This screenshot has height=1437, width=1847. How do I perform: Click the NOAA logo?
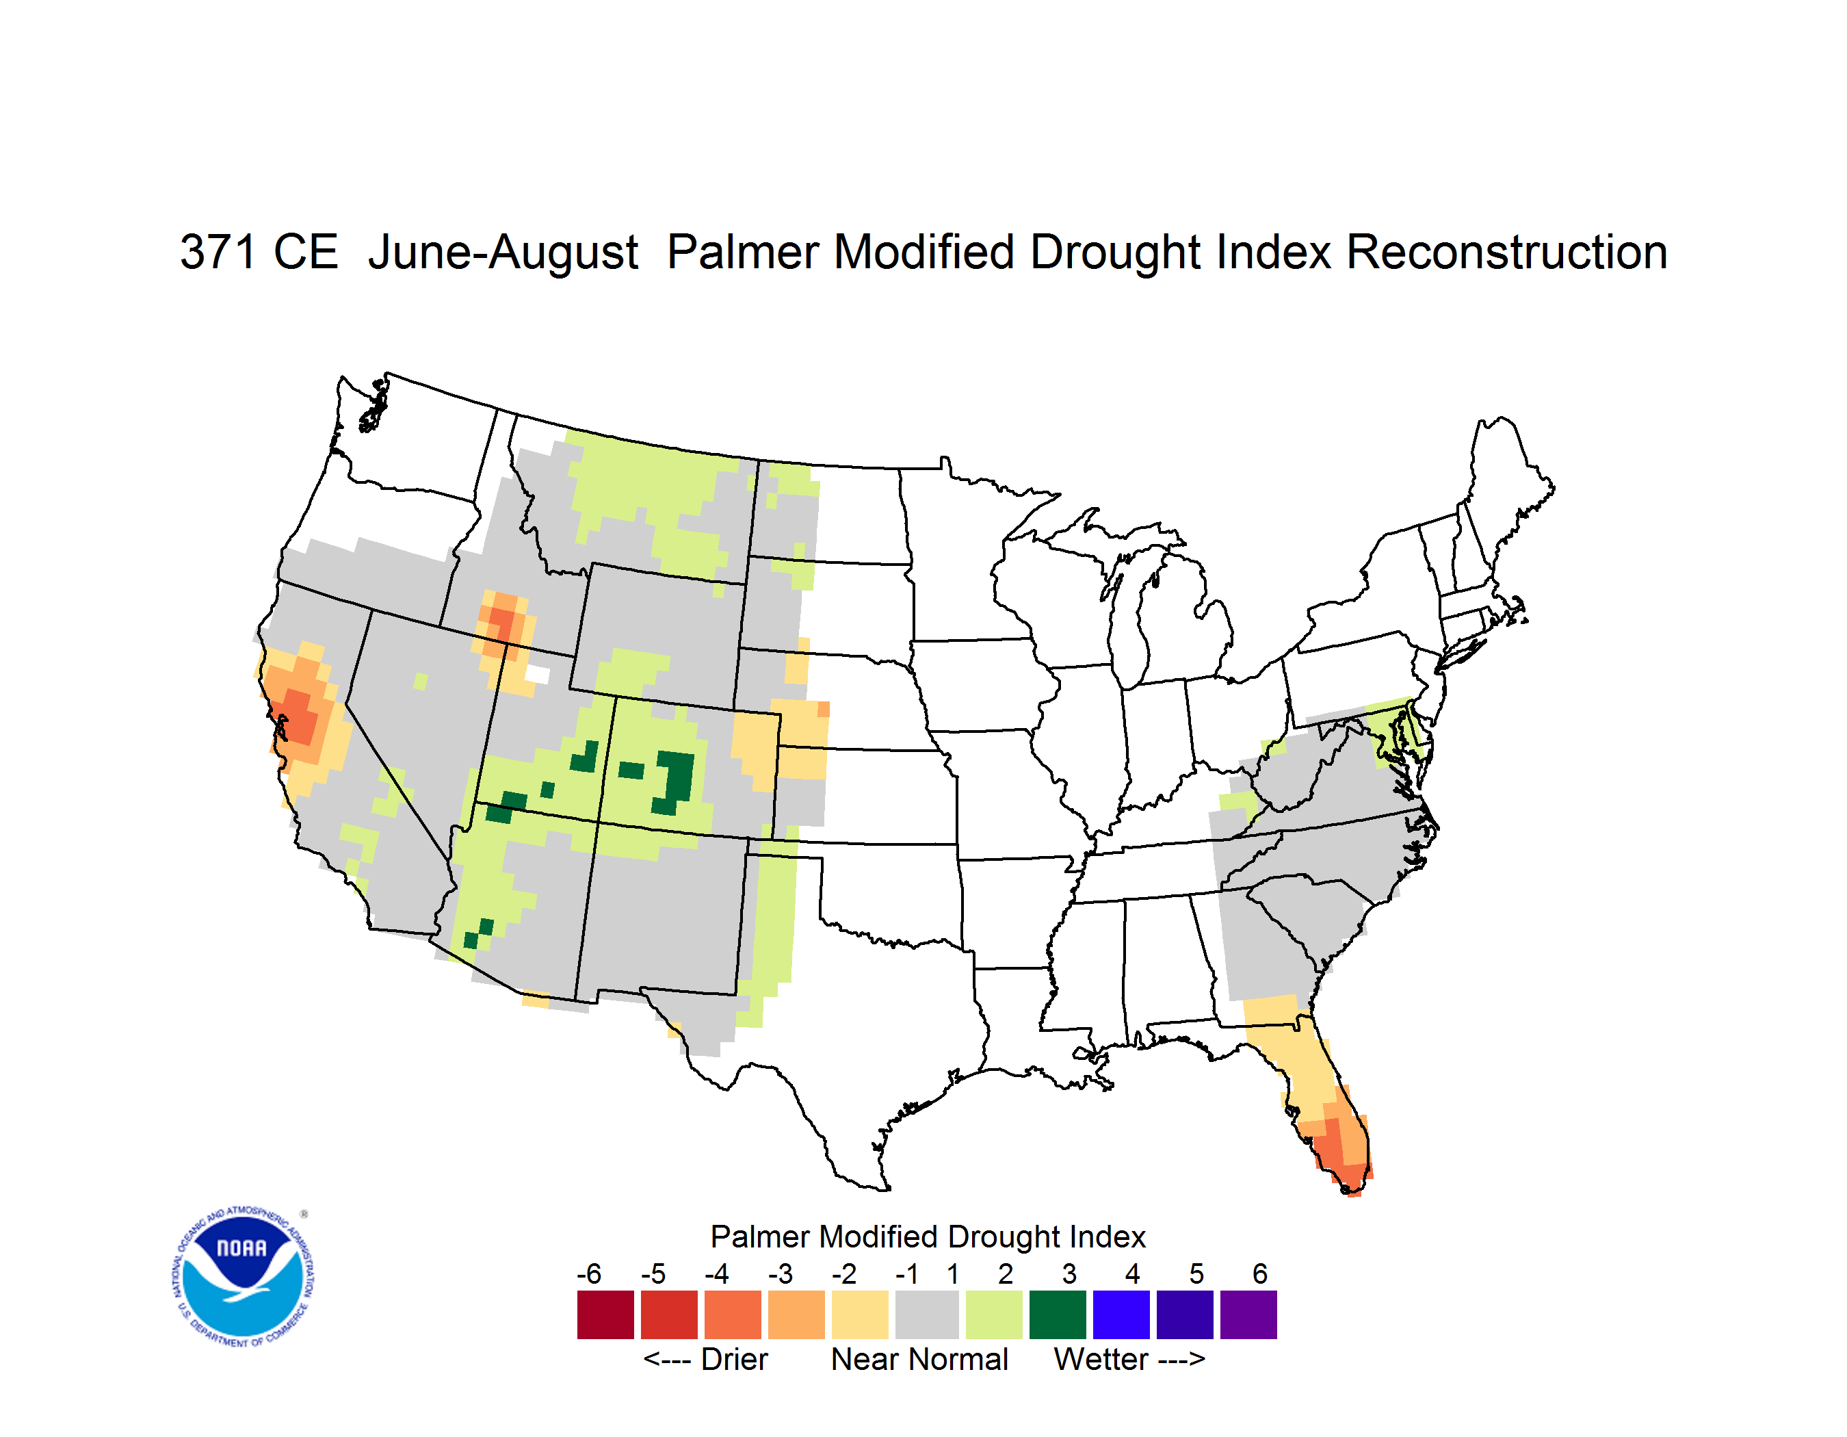click(243, 1277)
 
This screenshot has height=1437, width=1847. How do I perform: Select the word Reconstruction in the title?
click(1506, 252)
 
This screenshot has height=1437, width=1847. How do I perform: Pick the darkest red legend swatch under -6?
click(605, 1315)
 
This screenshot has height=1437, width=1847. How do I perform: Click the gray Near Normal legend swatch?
click(927, 1315)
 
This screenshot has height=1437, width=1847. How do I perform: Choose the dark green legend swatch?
click(1057, 1315)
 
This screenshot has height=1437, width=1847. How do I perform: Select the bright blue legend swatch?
click(1121, 1315)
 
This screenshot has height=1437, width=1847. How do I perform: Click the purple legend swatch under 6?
click(1248, 1315)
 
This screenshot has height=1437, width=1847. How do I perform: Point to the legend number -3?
click(781, 1273)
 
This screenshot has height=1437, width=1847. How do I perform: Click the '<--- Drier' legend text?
click(705, 1359)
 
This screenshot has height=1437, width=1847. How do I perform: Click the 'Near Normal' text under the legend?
click(920, 1359)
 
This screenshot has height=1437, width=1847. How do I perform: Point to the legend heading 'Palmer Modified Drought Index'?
click(928, 1237)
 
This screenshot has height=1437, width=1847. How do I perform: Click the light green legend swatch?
click(994, 1315)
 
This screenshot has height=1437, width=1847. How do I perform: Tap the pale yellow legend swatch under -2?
click(860, 1315)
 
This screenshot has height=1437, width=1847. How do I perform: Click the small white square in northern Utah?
click(537, 675)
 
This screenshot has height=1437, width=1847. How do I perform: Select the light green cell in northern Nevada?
click(420, 681)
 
